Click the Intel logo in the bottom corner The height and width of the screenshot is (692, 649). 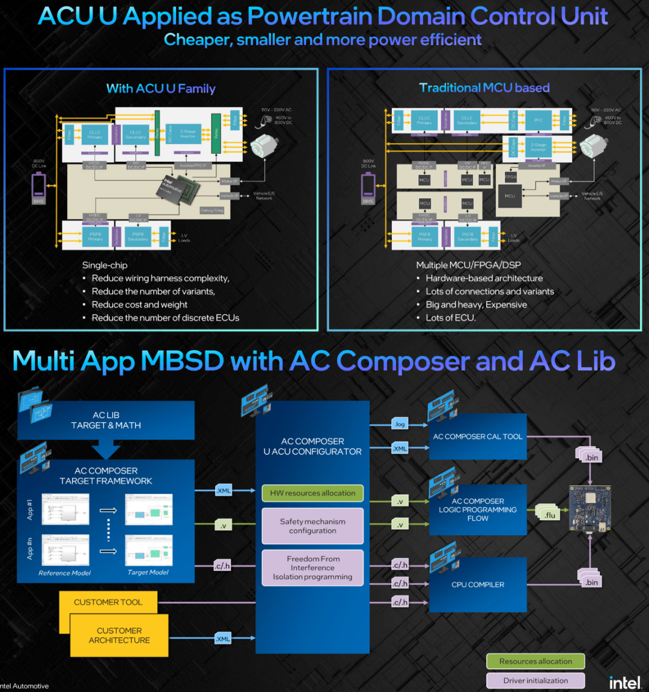(624, 682)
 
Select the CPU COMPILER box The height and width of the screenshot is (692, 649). (478, 584)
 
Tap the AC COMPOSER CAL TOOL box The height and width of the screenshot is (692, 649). (478, 437)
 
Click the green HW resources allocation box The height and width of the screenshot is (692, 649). (312, 493)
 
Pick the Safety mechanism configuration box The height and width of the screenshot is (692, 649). (312, 526)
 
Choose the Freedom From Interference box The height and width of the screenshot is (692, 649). (312, 568)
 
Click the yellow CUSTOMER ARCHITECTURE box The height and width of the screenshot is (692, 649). (119, 636)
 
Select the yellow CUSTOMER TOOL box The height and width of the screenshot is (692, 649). (108, 602)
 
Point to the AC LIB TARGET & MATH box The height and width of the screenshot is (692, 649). (106, 420)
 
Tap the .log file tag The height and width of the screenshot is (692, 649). (400, 424)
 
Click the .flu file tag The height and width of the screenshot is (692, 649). (549, 515)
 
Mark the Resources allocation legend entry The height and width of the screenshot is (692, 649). (535, 661)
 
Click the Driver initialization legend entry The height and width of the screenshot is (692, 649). (535, 681)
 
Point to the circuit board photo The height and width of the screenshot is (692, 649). (590, 508)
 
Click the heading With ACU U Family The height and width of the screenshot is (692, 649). (160, 89)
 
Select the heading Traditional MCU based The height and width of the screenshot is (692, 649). (484, 88)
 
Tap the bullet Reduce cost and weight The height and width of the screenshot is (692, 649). (139, 305)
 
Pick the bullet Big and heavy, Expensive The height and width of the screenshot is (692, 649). (476, 305)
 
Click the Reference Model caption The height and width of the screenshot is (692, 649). (64, 573)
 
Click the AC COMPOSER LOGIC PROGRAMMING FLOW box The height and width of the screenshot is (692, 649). (478, 509)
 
